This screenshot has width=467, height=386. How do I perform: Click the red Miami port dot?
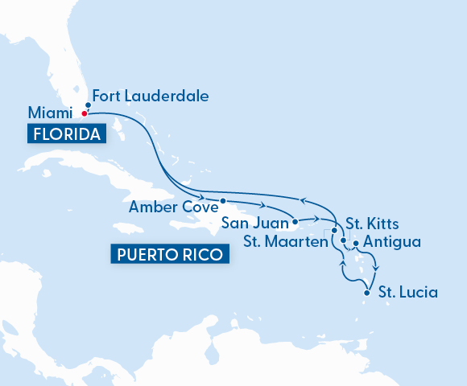coord(84,113)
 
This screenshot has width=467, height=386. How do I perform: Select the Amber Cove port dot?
coord(222,201)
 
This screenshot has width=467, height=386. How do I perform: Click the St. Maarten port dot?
coord(334,231)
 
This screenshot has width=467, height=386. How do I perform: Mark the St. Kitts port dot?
coord(343,240)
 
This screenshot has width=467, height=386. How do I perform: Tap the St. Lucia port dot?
coord(367,293)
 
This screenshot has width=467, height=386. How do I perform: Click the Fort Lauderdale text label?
coord(151,96)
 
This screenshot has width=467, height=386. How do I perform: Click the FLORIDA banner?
coord(66,134)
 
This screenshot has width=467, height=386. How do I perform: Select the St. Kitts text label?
coord(371,223)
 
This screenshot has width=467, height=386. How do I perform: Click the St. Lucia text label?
coord(410,292)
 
